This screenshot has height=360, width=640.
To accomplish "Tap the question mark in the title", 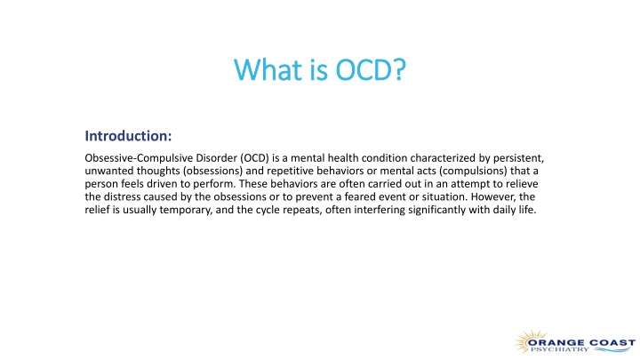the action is (x=400, y=70).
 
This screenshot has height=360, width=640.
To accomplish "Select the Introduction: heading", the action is (x=128, y=136).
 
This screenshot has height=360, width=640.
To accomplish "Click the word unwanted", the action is (x=109, y=171).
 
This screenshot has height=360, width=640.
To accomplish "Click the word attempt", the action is (x=470, y=184).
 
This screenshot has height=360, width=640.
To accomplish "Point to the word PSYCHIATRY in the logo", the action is (x=560, y=349).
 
